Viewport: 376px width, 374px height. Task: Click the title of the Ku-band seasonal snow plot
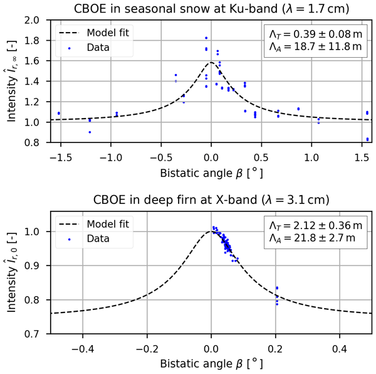210,8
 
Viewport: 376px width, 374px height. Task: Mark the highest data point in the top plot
206,38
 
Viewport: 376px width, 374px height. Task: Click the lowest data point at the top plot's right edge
367,139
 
